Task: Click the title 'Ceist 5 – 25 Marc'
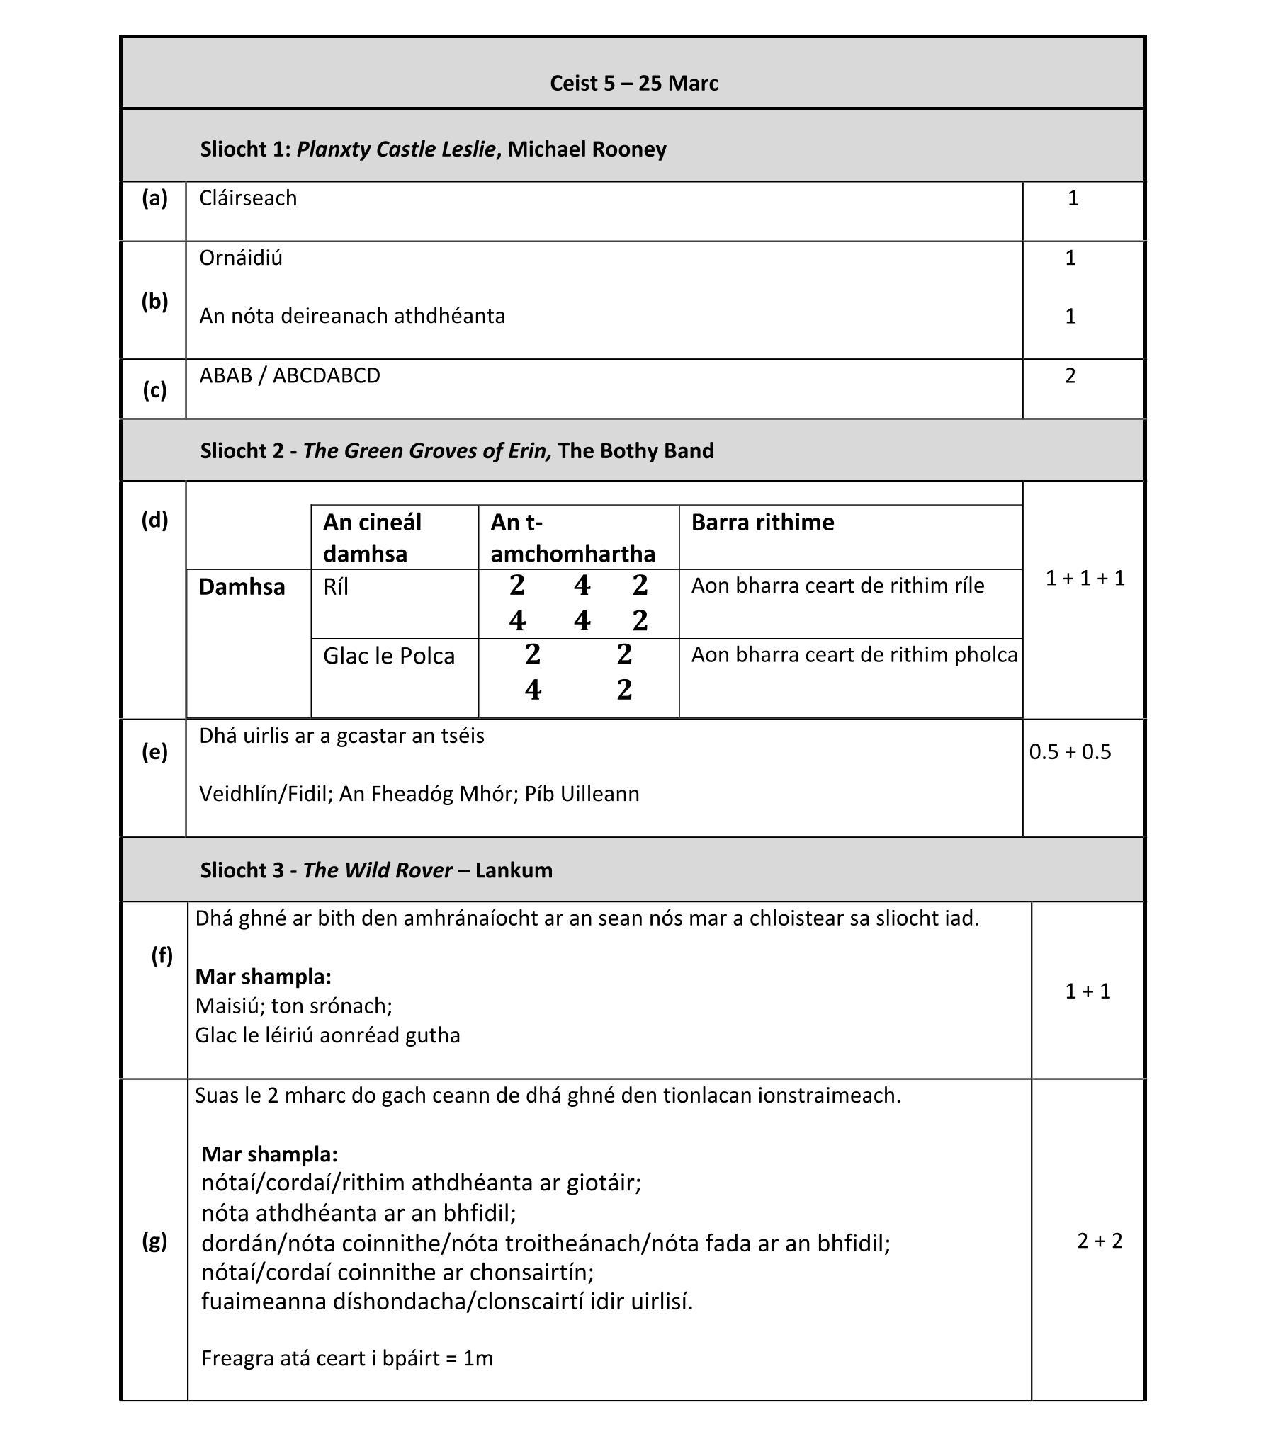[x=633, y=84]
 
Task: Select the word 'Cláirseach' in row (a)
[x=247, y=198]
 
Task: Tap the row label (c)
[x=154, y=389]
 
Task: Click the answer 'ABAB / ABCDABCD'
[x=289, y=375]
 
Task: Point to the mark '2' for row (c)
[x=1070, y=375]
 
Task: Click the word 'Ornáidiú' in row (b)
[x=240, y=258]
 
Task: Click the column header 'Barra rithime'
[x=762, y=522]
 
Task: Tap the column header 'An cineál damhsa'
[x=372, y=537]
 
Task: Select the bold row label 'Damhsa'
[x=242, y=587]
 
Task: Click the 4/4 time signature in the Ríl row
[x=582, y=603]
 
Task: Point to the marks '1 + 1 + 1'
[x=1085, y=578]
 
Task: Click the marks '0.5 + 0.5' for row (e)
[x=1070, y=751]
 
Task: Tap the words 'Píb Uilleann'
[x=582, y=794]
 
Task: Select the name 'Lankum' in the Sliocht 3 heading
[x=513, y=870]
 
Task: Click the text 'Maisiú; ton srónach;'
[x=294, y=1006]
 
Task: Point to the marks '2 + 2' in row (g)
[x=1099, y=1241]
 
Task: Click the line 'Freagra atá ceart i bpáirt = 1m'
[x=347, y=1358]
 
